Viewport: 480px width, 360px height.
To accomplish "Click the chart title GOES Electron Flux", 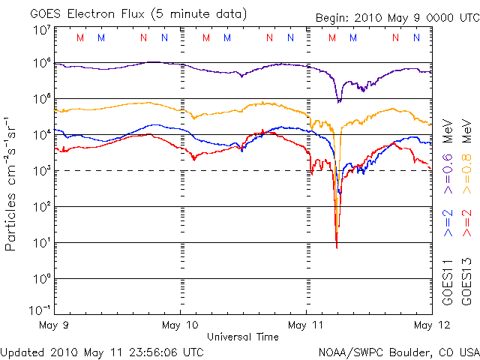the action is tap(87, 14).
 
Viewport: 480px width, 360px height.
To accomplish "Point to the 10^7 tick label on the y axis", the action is tap(43, 31).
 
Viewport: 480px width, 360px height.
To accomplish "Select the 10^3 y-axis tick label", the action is tap(43, 171).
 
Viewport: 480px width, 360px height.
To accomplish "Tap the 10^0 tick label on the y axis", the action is tap(43, 279).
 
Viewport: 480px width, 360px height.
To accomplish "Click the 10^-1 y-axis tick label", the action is tap(40, 310).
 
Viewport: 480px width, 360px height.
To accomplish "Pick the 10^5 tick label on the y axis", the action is tap(43, 99).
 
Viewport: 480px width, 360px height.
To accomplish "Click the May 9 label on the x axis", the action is tap(54, 325).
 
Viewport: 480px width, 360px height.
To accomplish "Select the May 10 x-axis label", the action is tap(180, 325).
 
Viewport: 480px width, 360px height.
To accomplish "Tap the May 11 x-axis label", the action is tap(305, 325).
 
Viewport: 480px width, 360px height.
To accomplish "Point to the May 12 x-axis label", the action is tap(432, 325).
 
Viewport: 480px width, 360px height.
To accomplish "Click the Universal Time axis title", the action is tap(243, 337).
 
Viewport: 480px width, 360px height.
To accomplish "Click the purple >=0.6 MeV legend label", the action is tap(448, 157).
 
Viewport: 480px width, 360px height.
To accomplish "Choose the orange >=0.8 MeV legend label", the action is tap(466, 157).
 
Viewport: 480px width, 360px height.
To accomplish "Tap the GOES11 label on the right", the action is tap(448, 282).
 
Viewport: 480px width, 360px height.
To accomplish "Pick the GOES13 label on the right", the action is tap(466, 282).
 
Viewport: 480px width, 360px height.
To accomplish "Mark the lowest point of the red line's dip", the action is tap(337, 248).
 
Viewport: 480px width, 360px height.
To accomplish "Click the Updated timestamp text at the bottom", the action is tap(102, 352).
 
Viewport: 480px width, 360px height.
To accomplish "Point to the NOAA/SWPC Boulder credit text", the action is tap(399, 352).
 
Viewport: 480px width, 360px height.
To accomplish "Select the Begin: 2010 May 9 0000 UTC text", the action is tap(397, 18).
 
